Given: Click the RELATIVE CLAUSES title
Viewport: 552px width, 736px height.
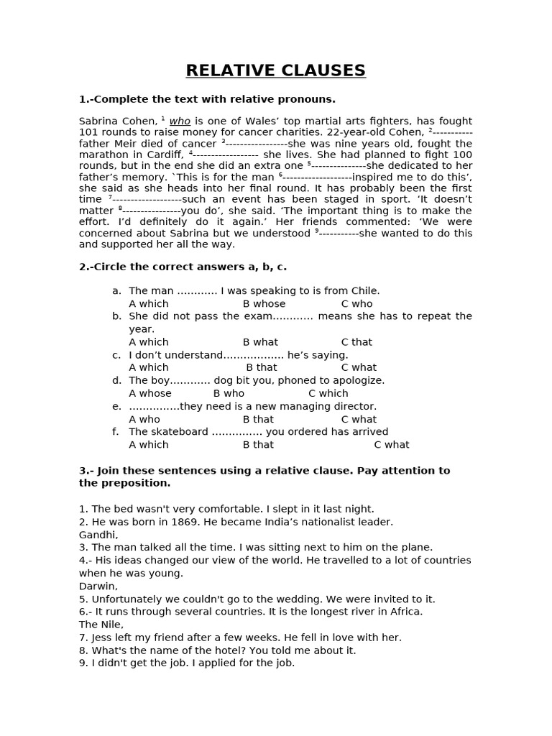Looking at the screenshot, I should coord(275,70).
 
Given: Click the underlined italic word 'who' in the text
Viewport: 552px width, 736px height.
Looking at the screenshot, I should coord(180,121).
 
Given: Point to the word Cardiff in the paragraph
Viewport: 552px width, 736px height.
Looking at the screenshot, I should coord(166,155).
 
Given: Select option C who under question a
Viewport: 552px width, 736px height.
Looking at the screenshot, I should coord(356,303).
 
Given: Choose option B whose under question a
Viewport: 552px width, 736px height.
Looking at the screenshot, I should coord(264,303).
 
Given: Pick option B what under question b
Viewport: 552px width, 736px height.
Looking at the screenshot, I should coord(260,342).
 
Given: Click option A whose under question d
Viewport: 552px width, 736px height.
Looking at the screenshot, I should coord(150,393).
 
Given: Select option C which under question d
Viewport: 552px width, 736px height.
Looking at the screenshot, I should coord(328,393).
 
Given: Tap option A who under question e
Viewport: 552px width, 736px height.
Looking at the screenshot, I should coord(144,419).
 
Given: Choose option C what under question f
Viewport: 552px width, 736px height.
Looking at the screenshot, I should coord(392,445).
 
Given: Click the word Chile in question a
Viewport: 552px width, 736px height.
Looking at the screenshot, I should coord(365,290).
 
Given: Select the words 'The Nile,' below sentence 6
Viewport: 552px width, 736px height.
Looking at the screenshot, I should coord(101,625).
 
